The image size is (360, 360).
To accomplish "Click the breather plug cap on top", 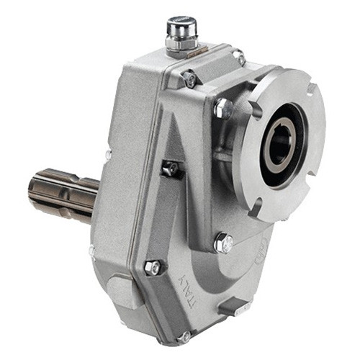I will coord(176,28).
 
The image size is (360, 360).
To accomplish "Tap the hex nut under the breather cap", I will coord(176,45).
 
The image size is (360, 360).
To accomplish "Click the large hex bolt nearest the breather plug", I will coord(223,108).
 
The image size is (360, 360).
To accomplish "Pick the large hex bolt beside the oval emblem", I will coord(223,242).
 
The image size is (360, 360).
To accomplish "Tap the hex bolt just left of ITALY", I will coord(153,268).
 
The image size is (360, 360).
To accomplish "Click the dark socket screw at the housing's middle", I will coord(171,168).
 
